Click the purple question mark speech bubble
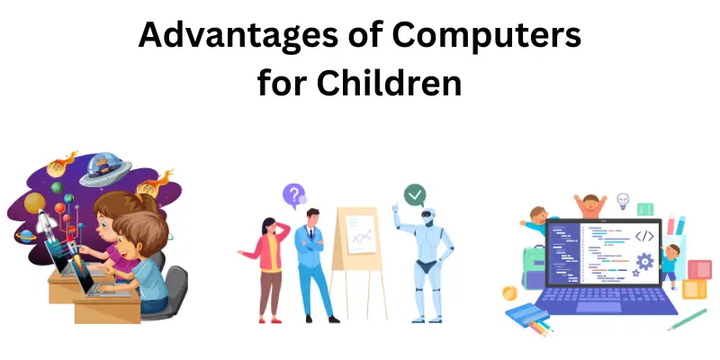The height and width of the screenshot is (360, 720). click(x=293, y=194)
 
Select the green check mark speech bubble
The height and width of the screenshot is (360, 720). click(x=414, y=194)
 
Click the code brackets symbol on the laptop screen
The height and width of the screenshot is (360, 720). click(x=643, y=237)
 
